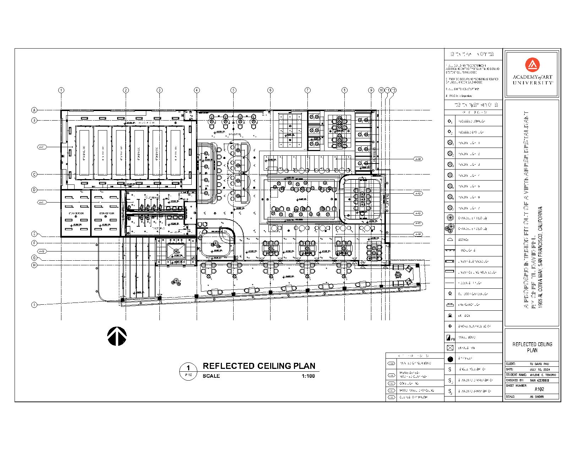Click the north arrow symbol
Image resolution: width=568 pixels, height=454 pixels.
[117, 336]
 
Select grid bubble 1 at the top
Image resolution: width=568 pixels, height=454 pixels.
[61, 90]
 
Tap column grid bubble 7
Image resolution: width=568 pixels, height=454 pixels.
[307, 90]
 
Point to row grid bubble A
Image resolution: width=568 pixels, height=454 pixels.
[34, 110]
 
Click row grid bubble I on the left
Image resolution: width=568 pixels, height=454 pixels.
[34, 305]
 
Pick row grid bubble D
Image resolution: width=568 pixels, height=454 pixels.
[34, 190]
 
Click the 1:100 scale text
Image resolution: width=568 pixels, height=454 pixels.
[308, 376]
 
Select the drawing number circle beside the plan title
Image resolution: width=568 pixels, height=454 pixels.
[189, 371]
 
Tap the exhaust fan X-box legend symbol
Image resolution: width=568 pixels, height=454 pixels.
[450, 348]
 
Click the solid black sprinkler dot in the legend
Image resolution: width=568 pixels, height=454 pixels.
[450, 359]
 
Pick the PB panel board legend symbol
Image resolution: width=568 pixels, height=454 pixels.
[450, 337]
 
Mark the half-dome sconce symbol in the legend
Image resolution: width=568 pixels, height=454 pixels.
[450, 240]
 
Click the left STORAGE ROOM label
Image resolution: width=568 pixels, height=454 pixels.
[76, 213]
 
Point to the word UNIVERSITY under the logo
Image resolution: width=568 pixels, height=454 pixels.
[532, 83]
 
